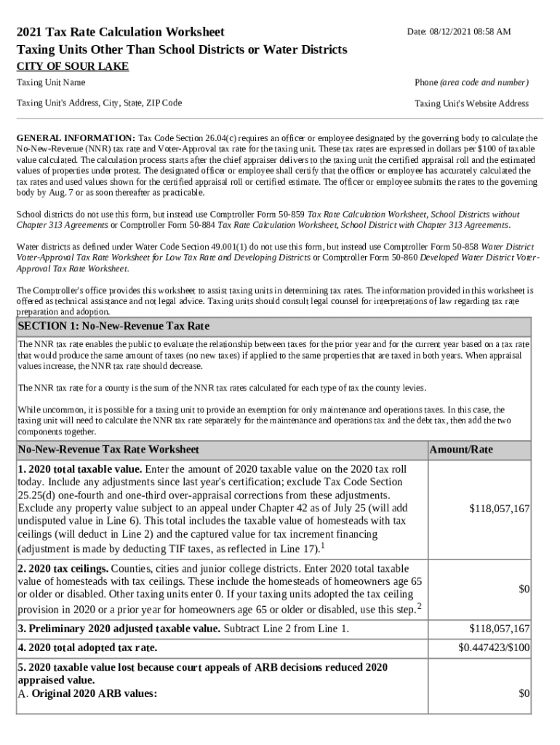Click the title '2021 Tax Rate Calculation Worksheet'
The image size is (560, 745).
pyautogui.click(x=121, y=32)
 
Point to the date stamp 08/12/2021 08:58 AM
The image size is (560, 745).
pyautogui.click(x=459, y=32)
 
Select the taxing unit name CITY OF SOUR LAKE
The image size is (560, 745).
pyautogui.click(x=73, y=66)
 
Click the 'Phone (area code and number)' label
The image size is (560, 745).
pyautogui.click(x=471, y=83)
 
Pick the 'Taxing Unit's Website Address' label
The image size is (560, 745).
pyautogui.click(x=471, y=103)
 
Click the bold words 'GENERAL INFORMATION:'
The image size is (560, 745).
pyautogui.click(x=76, y=138)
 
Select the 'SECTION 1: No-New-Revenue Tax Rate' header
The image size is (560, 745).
pyautogui.click(x=113, y=326)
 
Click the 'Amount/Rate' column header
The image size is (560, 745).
pyautogui.click(x=462, y=450)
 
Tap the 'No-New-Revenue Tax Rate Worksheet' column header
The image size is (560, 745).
pyautogui.click(x=108, y=450)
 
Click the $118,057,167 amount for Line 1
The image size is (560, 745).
pyautogui.click(x=499, y=509)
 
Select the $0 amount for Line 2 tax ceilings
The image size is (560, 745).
pyautogui.click(x=524, y=589)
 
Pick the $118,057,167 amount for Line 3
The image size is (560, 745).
pyautogui.click(x=499, y=629)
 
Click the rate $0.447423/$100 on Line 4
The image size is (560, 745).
pyautogui.click(x=494, y=647)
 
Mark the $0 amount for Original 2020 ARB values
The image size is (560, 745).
pyautogui.click(x=524, y=693)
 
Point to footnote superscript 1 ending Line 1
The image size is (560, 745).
pyautogui.click(x=323, y=544)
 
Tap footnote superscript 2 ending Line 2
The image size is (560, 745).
pyautogui.click(x=420, y=605)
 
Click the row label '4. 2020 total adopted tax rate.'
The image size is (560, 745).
pyautogui.click(x=87, y=648)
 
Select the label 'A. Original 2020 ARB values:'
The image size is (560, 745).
pyautogui.click(x=87, y=693)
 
